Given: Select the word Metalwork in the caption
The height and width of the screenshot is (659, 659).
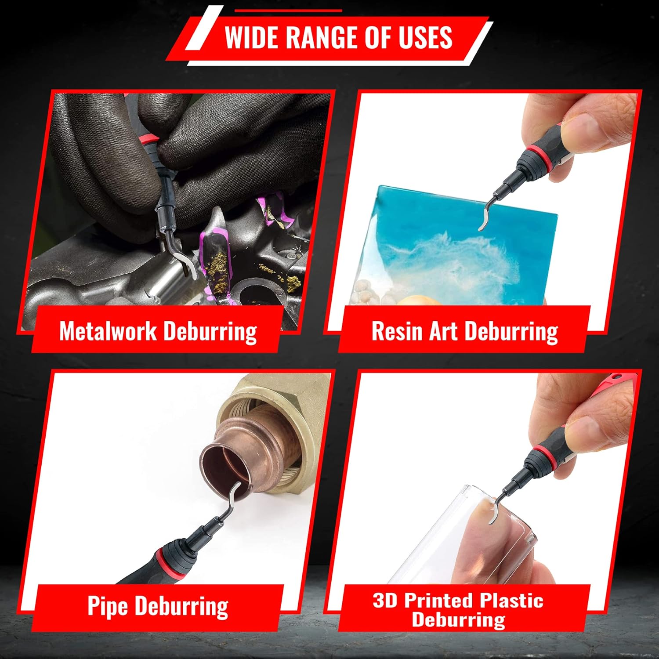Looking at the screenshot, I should click(108, 331).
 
